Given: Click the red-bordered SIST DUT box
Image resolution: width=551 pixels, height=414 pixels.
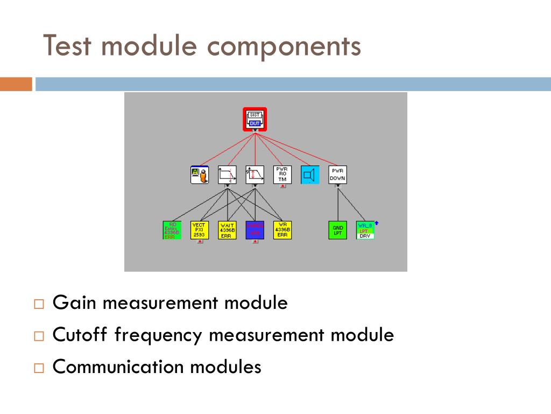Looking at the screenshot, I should pyautogui.click(x=255, y=119).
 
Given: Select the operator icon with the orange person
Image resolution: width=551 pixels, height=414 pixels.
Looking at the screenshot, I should pyautogui.click(x=200, y=175).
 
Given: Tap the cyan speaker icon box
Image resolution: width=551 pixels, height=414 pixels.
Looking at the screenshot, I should pyautogui.click(x=309, y=175).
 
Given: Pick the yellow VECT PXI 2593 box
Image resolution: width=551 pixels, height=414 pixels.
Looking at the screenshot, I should pyautogui.click(x=200, y=230).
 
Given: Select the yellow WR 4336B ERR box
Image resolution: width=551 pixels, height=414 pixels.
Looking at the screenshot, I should pyautogui.click(x=282, y=230).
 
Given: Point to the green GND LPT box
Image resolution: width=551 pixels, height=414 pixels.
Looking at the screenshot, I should pyautogui.click(x=337, y=230).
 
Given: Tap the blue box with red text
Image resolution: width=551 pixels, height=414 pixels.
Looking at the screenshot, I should pyautogui.click(x=255, y=230).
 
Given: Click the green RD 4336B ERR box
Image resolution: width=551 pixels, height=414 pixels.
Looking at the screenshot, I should pyautogui.click(x=172, y=230).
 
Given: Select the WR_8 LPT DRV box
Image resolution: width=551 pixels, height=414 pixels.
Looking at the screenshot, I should pyautogui.click(x=365, y=230).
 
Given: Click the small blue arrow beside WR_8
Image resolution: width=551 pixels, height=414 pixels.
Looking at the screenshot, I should pyautogui.click(x=377, y=222).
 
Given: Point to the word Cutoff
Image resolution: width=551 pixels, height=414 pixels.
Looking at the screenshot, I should pyautogui.click(x=81, y=335).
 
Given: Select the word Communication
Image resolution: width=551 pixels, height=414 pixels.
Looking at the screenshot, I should pyautogui.click(x=118, y=367).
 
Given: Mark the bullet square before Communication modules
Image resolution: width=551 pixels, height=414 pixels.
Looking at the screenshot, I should pyautogui.click(x=38, y=368).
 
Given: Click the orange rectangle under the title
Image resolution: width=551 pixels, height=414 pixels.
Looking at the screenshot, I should pyautogui.click(x=16, y=84).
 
